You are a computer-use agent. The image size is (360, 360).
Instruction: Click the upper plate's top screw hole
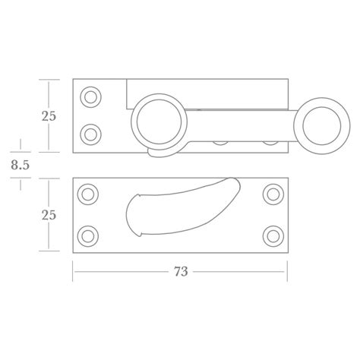pyautogui.click(x=91, y=96)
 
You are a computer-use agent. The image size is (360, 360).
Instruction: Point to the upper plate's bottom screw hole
pyautogui.click(x=91, y=134)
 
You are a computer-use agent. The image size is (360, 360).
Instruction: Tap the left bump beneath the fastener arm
pyautogui.click(x=222, y=141)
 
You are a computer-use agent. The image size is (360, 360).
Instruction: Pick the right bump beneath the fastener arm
pyautogui.click(x=267, y=141)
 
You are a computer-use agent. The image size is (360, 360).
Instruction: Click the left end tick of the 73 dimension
pyautogui.click(x=73, y=272)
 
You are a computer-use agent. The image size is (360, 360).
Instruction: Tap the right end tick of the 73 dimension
pyautogui.click(x=289, y=272)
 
